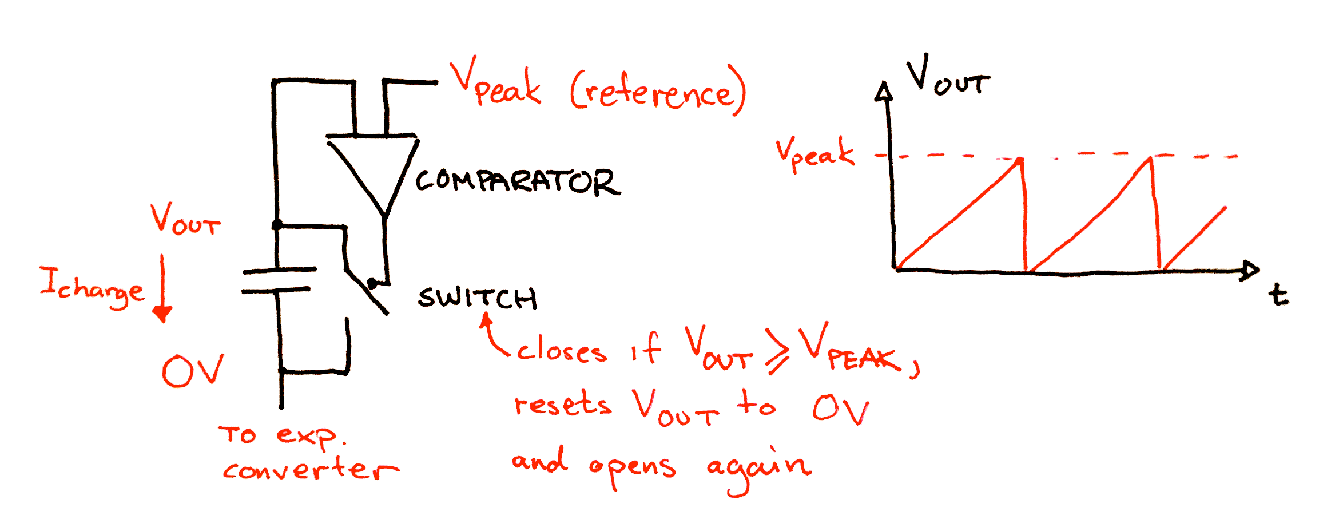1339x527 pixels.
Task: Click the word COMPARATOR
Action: point(517,182)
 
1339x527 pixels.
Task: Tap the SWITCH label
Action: point(477,298)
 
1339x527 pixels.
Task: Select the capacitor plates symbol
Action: point(279,280)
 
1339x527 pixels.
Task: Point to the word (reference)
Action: point(658,92)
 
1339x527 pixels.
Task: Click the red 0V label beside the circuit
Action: point(192,371)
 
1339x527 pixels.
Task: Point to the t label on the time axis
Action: point(1278,295)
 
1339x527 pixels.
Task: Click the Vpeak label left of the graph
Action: point(814,153)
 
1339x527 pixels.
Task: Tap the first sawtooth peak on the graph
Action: point(1021,160)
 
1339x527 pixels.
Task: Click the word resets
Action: point(563,404)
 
